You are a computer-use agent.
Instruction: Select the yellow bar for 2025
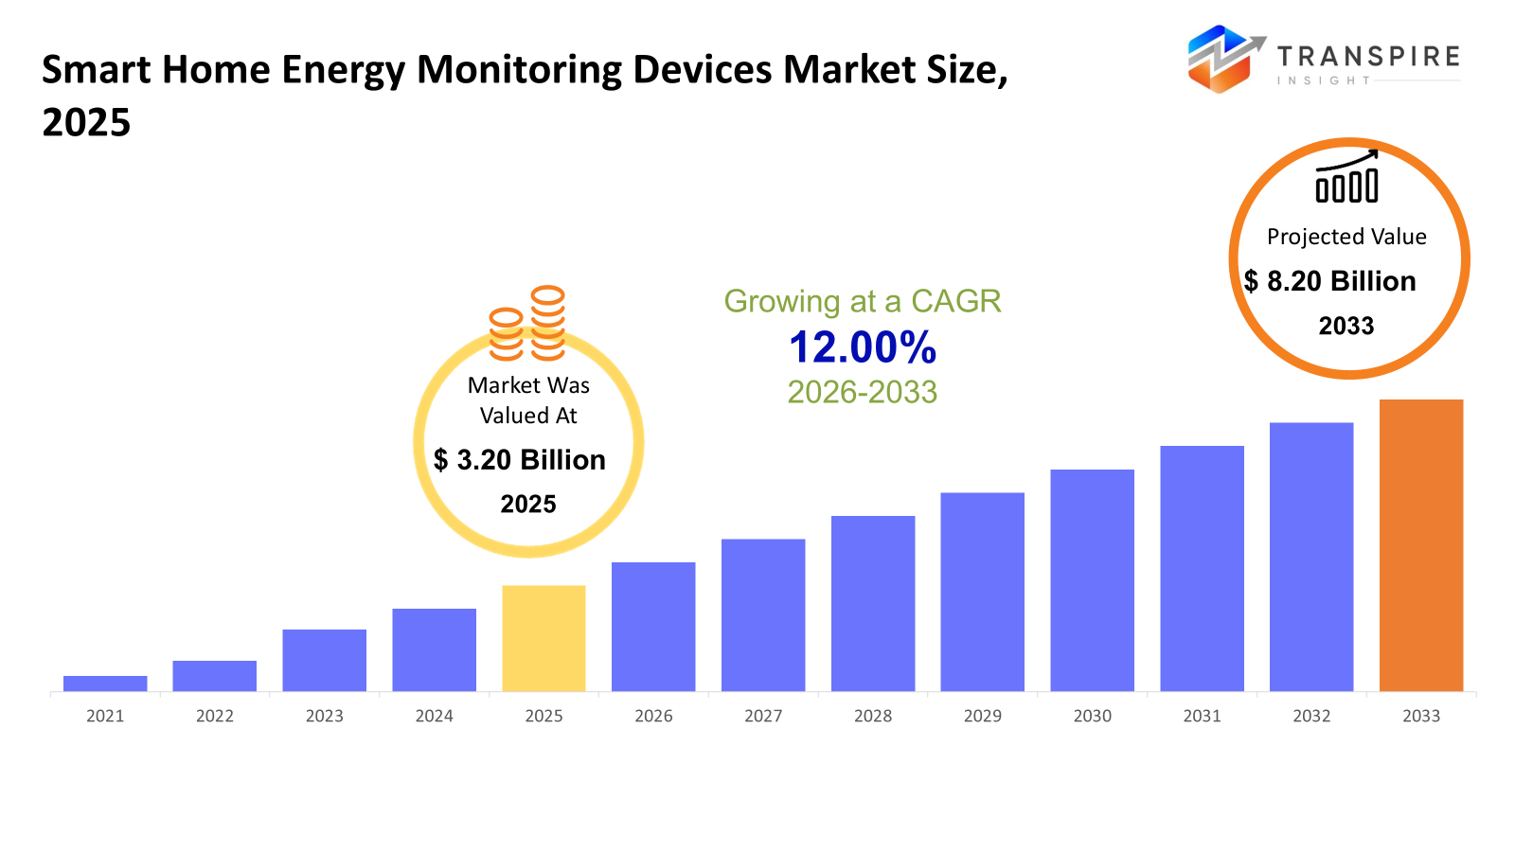544,638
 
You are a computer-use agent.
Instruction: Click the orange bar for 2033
1420,545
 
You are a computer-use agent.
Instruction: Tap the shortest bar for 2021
105,683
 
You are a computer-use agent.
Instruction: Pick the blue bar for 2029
982,592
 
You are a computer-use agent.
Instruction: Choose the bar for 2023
324,660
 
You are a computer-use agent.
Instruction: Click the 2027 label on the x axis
763,716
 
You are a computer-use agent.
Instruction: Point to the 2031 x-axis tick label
1202,716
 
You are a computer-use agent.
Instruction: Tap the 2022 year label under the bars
215,716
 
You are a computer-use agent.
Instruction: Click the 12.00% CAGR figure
863,347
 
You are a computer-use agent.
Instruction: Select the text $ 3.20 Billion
520,460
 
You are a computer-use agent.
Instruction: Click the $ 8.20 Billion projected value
1330,281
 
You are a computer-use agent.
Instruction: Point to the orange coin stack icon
527,324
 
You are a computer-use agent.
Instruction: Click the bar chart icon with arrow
1346,177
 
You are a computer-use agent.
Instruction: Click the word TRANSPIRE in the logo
1368,57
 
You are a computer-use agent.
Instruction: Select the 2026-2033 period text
863,392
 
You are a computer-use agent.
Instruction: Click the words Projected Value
1346,237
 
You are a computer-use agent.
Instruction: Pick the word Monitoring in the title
518,70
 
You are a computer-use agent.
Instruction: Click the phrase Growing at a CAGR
863,301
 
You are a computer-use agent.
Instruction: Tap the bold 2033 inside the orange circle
1346,326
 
